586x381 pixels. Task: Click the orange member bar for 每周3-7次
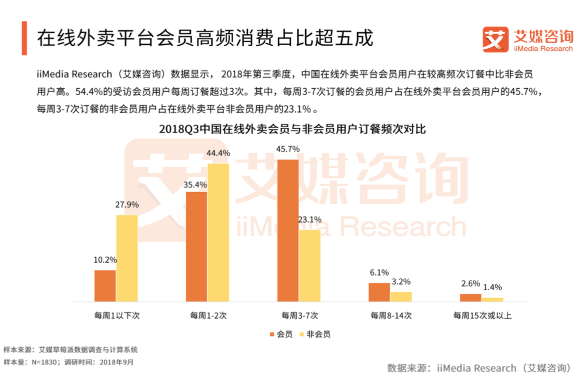[288, 230]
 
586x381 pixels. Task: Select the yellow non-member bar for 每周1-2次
[218, 233]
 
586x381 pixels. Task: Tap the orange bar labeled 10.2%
[105, 285]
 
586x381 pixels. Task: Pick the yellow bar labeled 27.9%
[127, 258]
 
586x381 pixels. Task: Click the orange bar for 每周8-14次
[379, 292]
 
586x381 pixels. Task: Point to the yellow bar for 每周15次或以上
[493, 300]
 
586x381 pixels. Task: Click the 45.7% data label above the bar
[288, 149]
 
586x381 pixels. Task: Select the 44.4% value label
[218, 153]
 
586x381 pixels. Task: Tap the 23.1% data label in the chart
[310, 219]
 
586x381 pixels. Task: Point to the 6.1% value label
[379, 273]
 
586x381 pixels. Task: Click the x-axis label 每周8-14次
[390, 315]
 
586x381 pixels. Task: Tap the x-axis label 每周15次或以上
[482, 315]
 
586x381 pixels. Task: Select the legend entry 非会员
[318, 334]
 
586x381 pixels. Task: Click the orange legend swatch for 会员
[271, 334]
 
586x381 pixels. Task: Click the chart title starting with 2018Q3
[293, 129]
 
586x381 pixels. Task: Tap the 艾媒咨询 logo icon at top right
[494, 40]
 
